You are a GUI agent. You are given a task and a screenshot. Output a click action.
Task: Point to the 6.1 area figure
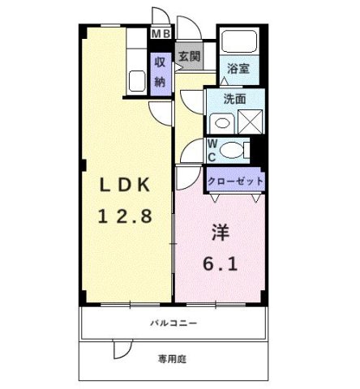click(x=219, y=265)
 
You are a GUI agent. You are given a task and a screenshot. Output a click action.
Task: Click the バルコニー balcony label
click(x=173, y=323)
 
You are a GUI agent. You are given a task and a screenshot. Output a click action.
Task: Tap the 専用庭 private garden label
click(x=174, y=357)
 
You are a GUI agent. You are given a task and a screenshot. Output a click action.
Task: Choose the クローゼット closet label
click(x=235, y=181)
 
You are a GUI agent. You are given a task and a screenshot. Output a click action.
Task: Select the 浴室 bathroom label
click(x=238, y=69)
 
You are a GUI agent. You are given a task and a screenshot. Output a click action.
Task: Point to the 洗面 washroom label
click(x=235, y=99)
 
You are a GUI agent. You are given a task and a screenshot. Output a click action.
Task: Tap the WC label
click(x=212, y=149)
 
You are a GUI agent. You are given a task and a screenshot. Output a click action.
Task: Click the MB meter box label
click(x=161, y=33)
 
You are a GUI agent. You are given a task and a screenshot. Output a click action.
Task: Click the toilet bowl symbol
click(x=234, y=150)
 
